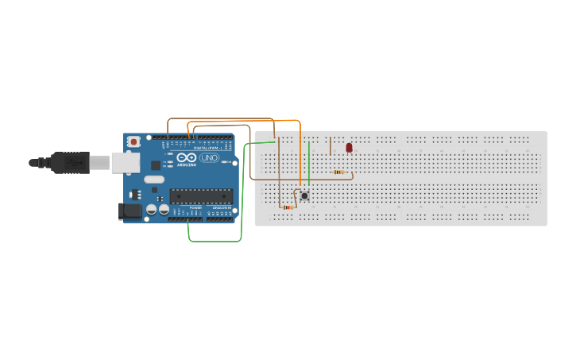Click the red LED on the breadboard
[349, 148]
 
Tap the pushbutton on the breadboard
[304, 195]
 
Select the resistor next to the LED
[340, 172]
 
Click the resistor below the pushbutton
[287, 207]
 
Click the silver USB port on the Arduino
[123, 162]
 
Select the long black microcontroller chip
[201, 195]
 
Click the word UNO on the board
[209, 157]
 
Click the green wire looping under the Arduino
[215, 241]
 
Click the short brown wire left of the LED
[331, 145]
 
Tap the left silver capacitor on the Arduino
[151, 210]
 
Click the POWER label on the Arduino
[195, 207]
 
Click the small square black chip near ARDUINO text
[168, 165]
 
